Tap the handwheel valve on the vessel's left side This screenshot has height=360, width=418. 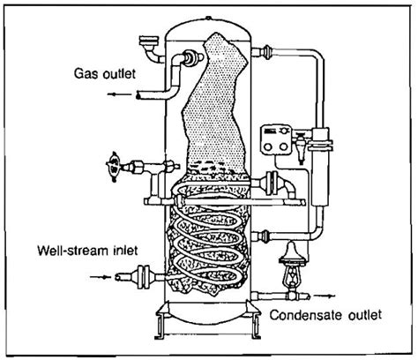click(x=113, y=164)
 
